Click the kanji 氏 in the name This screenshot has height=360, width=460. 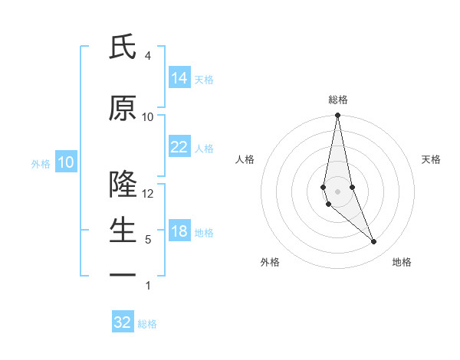[122, 47]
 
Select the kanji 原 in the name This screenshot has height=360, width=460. [122, 109]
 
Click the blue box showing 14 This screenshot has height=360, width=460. [179, 78]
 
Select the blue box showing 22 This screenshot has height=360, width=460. [179, 147]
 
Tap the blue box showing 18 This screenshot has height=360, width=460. [179, 231]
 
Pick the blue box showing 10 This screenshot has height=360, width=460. [66, 162]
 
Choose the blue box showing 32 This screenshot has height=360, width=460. [123, 322]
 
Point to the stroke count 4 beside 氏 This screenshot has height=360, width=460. [148, 56]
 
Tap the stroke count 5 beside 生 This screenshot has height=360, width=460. [148, 240]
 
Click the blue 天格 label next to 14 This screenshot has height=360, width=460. [204, 79]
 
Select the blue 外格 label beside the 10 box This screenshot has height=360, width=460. [41, 163]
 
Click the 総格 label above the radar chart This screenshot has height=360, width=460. [338, 100]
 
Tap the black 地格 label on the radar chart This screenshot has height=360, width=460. [402, 262]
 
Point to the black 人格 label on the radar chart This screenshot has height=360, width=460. [245, 159]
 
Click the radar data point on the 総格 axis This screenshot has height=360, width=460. [337, 116]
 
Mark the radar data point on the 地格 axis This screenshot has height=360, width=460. [374, 242]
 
